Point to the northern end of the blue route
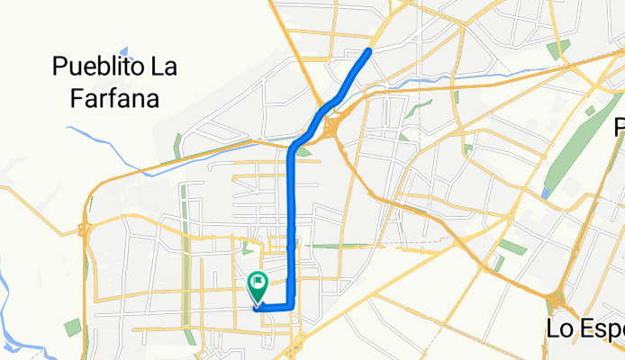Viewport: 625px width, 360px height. (369, 50)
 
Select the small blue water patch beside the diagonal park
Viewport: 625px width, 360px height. (547, 193)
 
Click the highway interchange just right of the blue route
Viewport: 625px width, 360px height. (331, 126)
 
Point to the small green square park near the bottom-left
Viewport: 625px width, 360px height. (73, 326)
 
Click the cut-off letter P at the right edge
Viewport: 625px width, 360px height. (620, 127)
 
